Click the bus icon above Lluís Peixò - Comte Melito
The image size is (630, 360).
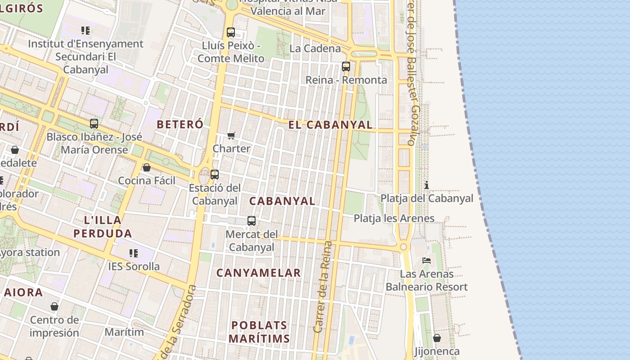(x=231, y=32)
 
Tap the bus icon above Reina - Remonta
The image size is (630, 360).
(x=346, y=67)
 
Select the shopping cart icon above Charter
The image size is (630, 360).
(x=231, y=135)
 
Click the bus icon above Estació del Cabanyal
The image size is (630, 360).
(x=215, y=175)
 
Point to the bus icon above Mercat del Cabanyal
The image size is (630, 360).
(x=252, y=221)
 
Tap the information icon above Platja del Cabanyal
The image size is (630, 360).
(x=427, y=185)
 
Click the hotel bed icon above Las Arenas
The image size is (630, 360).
(x=427, y=261)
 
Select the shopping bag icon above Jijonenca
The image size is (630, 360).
(x=436, y=338)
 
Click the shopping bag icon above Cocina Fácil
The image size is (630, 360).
(x=147, y=168)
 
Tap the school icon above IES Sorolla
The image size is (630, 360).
(x=134, y=253)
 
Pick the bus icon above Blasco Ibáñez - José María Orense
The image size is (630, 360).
(x=94, y=124)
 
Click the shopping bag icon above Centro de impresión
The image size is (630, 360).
(x=54, y=307)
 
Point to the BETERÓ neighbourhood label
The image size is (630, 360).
(x=180, y=125)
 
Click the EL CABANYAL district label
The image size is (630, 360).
(x=330, y=125)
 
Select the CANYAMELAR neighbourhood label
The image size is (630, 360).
(x=258, y=273)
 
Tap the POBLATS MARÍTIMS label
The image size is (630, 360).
(x=259, y=331)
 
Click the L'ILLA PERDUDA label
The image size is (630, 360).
(x=103, y=227)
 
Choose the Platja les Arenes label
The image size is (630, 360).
(x=394, y=219)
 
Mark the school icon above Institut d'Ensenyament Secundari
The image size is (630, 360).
(x=85, y=31)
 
